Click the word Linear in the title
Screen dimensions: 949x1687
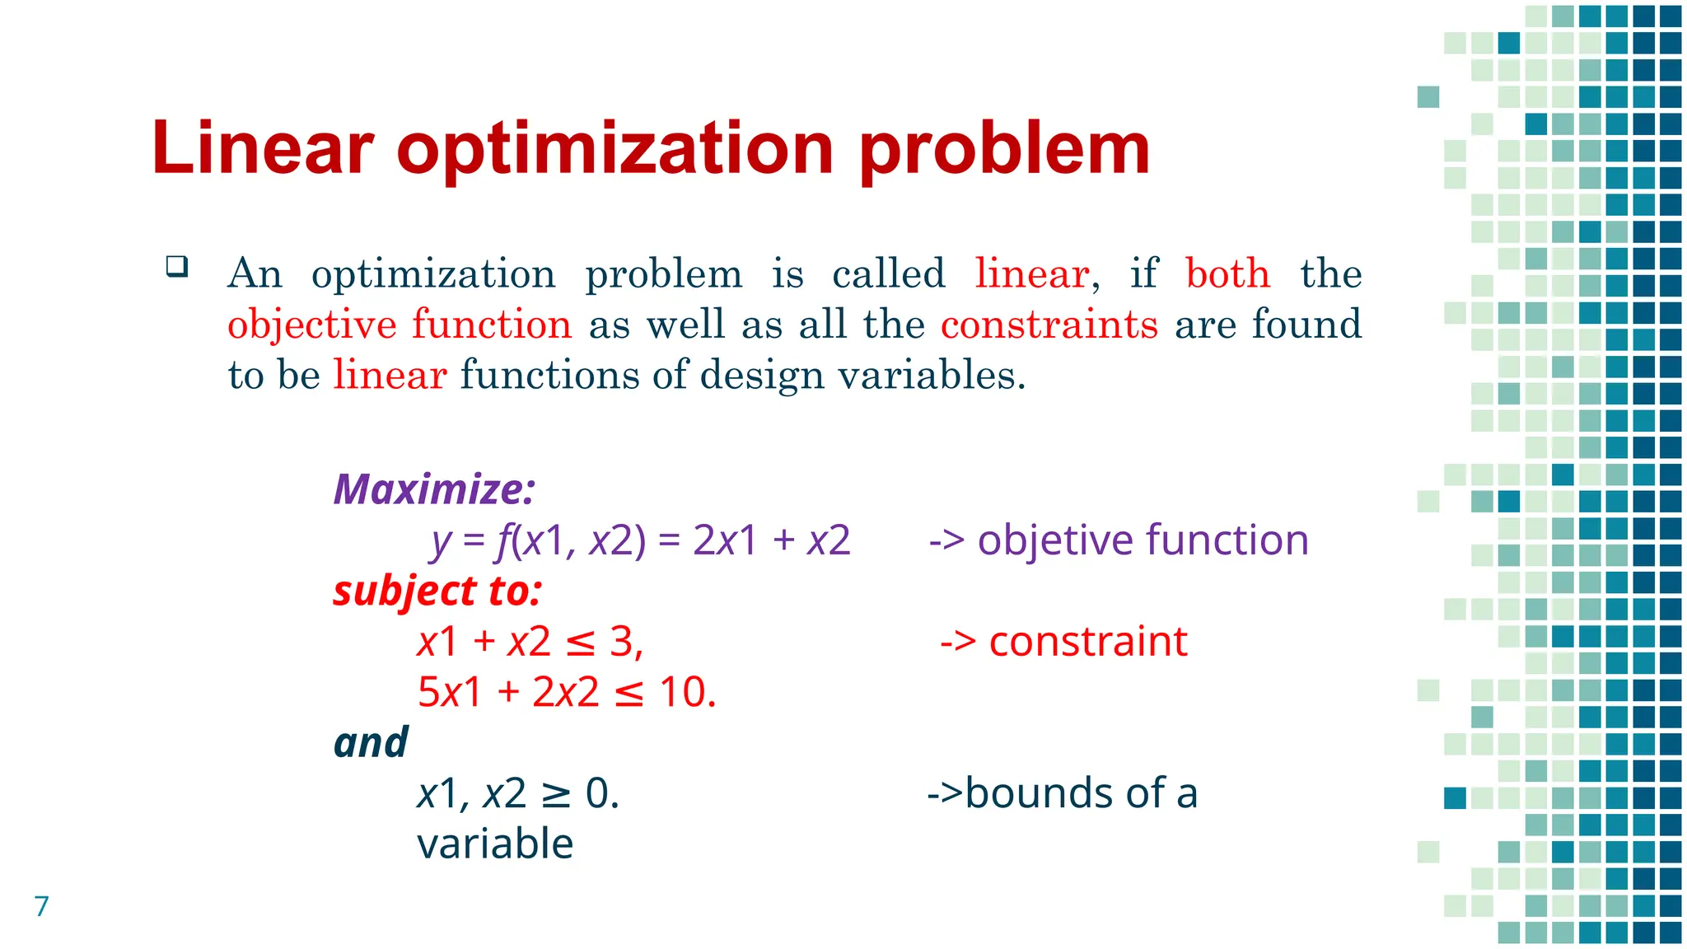tap(262, 148)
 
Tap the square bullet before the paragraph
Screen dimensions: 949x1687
tap(176, 267)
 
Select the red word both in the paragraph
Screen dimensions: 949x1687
tap(1227, 273)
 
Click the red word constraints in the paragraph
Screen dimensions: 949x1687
tap(1049, 324)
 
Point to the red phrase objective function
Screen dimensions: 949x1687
tap(400, 324)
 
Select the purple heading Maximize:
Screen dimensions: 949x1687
tap(434, 489)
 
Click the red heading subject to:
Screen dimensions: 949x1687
tap(437, 591)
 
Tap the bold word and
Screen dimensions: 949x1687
tap(371, 743)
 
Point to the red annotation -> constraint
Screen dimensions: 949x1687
tap(1063, 642)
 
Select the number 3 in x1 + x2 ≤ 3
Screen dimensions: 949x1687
tap(621, 642)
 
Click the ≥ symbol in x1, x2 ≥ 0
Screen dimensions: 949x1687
tap(556, 794)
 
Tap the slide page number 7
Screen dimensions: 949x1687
tap(42, 906)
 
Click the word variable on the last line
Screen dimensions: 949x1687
tap(495, 844)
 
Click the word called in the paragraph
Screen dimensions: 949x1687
tap(888, 273)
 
